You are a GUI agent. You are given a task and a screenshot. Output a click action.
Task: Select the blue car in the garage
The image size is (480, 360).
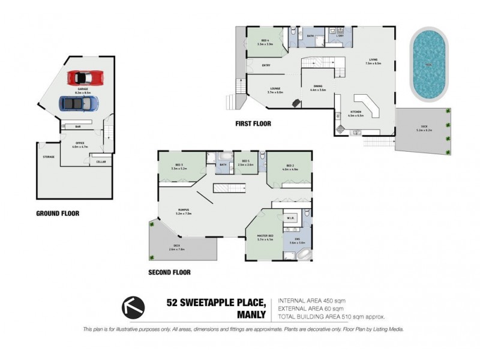point(79,104)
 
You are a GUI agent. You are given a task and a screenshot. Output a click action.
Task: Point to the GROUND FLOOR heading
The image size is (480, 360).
point(58,213)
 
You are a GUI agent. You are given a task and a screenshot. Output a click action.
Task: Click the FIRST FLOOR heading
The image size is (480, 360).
point(253,124)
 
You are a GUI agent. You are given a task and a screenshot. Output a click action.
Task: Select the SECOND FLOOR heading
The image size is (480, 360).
point(169,272)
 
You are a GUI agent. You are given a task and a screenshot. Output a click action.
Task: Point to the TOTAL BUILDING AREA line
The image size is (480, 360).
point(331,316)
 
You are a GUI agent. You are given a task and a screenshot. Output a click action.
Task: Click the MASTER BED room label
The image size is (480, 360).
point(265,236)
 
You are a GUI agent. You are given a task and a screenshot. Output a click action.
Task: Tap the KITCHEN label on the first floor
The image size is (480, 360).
point(356,112)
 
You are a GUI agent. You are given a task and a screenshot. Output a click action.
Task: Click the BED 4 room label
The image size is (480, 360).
point(265,41)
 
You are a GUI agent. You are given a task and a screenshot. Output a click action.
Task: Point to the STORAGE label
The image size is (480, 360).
point(49,157)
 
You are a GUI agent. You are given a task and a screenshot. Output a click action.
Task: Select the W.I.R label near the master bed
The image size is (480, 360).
point(289,218)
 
